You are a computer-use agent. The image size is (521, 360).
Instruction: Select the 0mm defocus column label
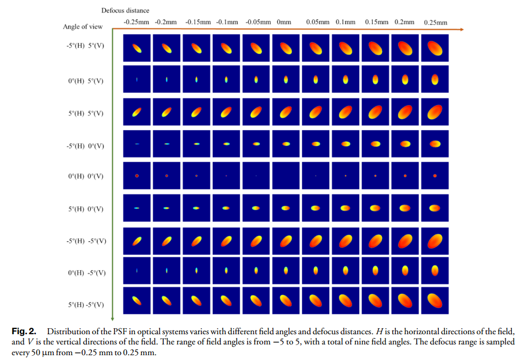284,22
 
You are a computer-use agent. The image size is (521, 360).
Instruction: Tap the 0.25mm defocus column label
435,23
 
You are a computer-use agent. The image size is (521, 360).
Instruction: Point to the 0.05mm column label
317,22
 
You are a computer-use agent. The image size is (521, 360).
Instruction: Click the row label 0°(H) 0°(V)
85,176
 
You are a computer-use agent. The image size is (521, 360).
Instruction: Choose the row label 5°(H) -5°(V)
85,305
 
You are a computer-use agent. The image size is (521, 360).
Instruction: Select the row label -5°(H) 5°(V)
85,46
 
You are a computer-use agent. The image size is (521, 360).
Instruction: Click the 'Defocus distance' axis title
125,10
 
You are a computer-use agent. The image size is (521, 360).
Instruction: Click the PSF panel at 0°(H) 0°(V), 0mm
286,176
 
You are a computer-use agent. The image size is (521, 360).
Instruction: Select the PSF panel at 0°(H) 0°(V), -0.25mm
137,176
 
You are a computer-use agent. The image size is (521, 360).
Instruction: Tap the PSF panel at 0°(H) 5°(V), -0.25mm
137,80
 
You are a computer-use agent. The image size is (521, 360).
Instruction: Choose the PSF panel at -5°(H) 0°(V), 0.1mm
345,143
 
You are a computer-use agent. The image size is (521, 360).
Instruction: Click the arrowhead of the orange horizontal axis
461,30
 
